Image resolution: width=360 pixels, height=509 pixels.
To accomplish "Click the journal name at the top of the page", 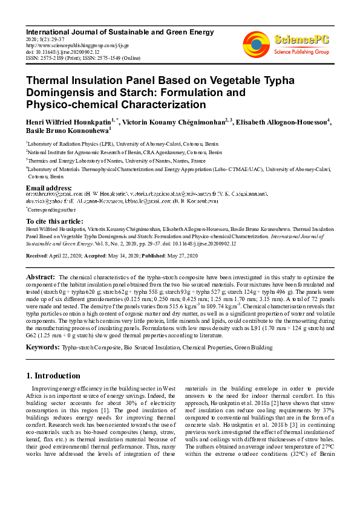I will (119, 31).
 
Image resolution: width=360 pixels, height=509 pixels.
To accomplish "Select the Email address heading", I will (49, 187).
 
